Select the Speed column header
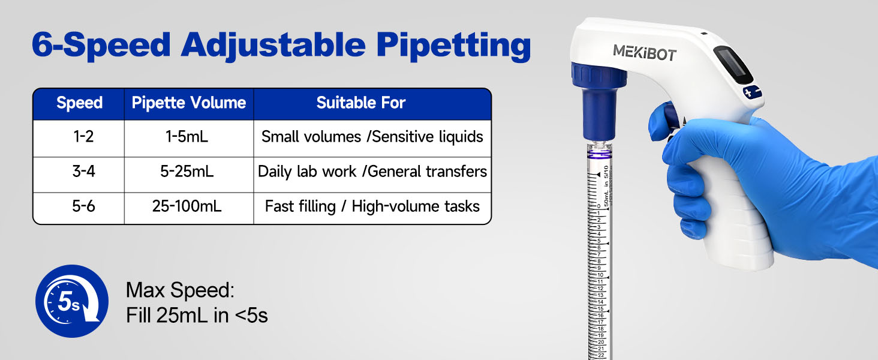click(80, 103)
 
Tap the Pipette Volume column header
click(188, 103)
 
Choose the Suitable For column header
click(360, 103)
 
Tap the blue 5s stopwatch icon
click(72, 301)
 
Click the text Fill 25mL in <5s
click(197, 315)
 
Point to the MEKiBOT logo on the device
click(645, 53)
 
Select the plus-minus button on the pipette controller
click(752, 92)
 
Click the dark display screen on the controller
click(732, 65)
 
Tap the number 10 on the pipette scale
click(600, 275)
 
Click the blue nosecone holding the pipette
click(599, 102)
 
